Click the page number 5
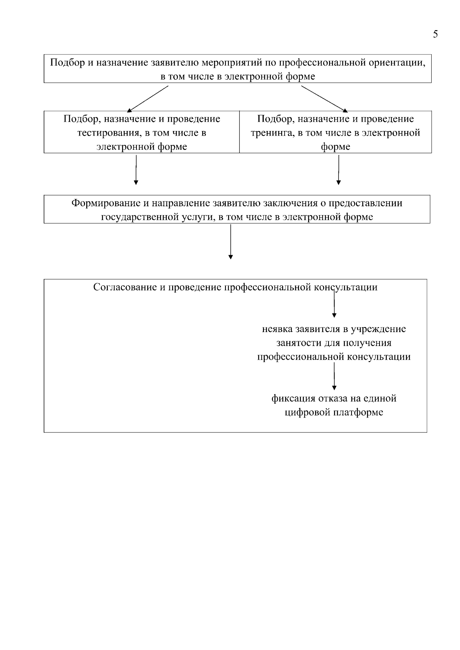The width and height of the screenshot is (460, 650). [435, 34]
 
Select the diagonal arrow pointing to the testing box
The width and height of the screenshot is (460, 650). [148, 98]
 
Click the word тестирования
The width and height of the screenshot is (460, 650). [110, 133]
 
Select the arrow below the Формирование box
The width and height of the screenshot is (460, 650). [230, 242]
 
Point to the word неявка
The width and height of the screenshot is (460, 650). [278, 329]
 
